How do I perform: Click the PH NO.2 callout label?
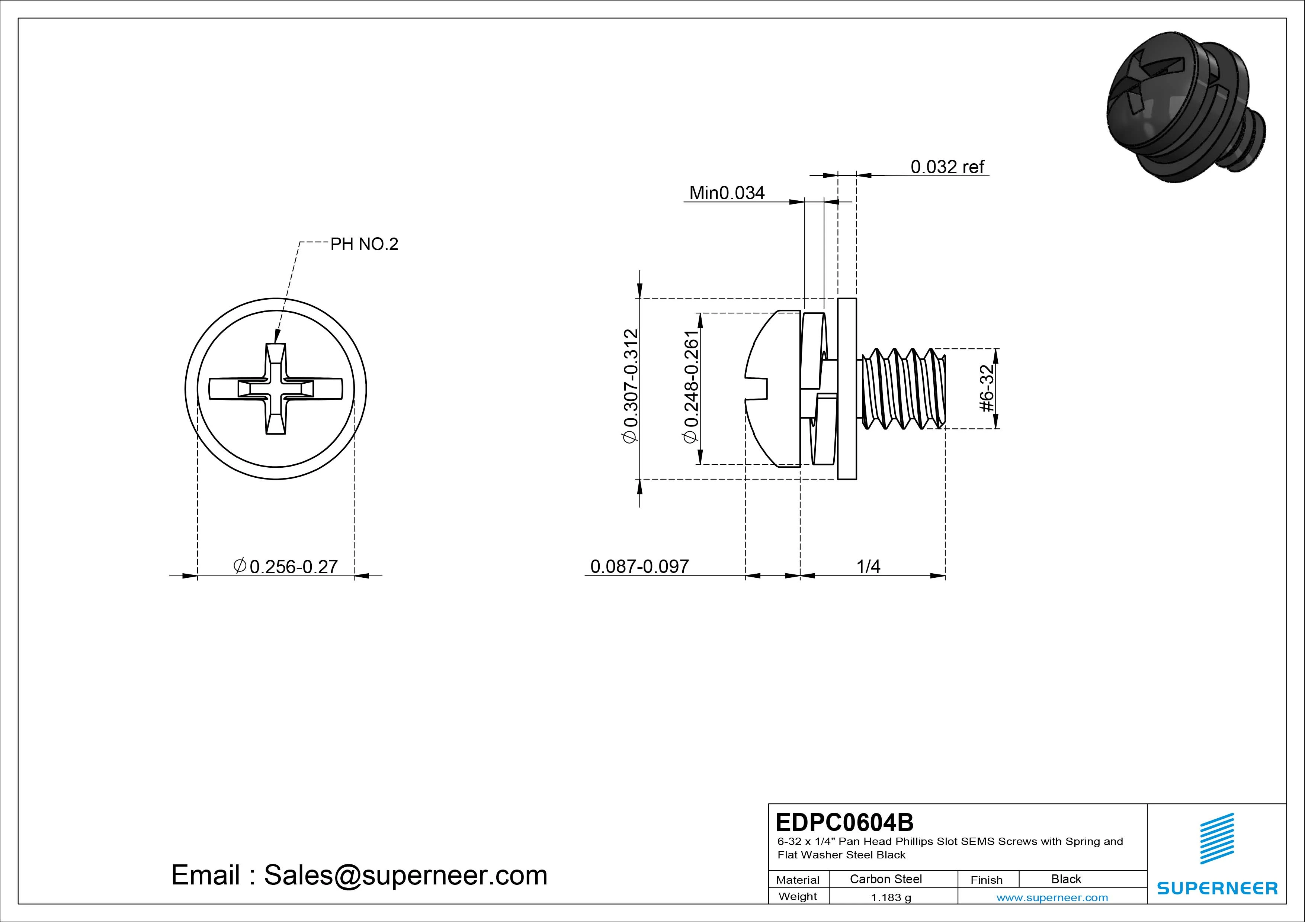[x=364, y=244]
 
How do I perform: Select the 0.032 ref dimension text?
[x=947, y=167]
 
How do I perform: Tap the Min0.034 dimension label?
[x=727, y=193]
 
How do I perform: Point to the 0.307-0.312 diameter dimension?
[x=631, y=386]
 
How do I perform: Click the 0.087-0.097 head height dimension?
[x=639, y=566]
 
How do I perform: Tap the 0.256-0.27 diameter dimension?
[x=286, y=566]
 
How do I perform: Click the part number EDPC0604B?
[x=844, y=822]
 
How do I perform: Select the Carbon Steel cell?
[x=885, y=879]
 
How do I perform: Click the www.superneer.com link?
[x=1052, y=897]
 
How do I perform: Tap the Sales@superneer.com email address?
[x=405, y=875]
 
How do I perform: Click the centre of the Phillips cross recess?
[x=276, y=389]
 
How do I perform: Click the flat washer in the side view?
[x=847, y=389]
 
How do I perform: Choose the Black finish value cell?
[x=1066, y=879]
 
